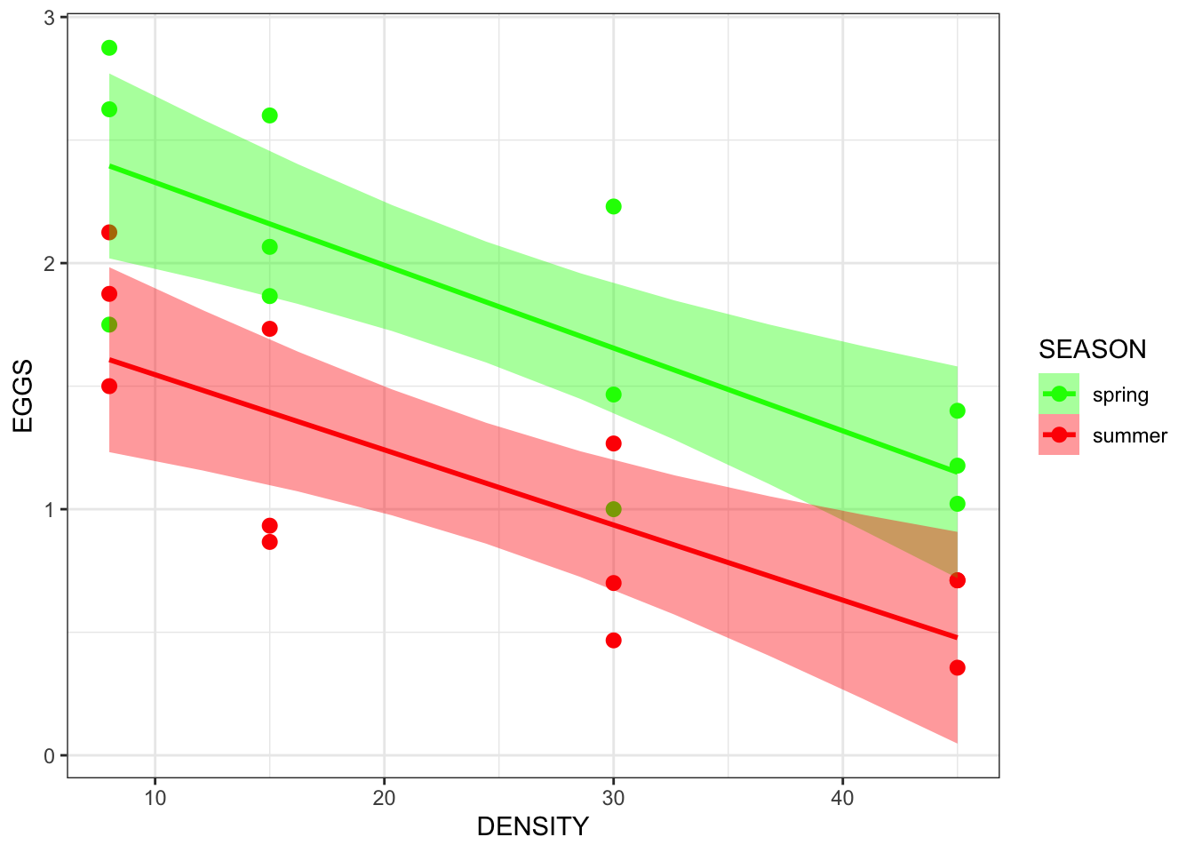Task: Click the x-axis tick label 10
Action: tap(155, 798)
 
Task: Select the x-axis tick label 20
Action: tap(384, 798)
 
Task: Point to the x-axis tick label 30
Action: tap(613, 798)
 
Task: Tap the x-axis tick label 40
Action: tap(842, 798)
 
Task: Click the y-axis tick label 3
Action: tap(50, 19)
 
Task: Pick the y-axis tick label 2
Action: tap(50, 264)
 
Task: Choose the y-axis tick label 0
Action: tap(50, 756)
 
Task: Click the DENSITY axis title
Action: tap(532, 827)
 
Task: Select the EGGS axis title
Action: tap(24, 395)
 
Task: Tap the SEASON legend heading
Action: tap(1092, 349)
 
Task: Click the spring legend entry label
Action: tap(1120, 395)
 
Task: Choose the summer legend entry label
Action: tap(1129, 435)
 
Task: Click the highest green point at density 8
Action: tap(109, 48)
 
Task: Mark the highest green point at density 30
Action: tap(613, 207)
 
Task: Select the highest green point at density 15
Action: tap(270, 116)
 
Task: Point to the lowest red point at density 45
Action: tap(957, 668)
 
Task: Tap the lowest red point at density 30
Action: tap(613, 641)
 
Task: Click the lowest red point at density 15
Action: tap(270, 542)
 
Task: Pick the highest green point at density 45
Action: tap(957, 411)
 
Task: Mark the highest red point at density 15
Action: tap(270, 329)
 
